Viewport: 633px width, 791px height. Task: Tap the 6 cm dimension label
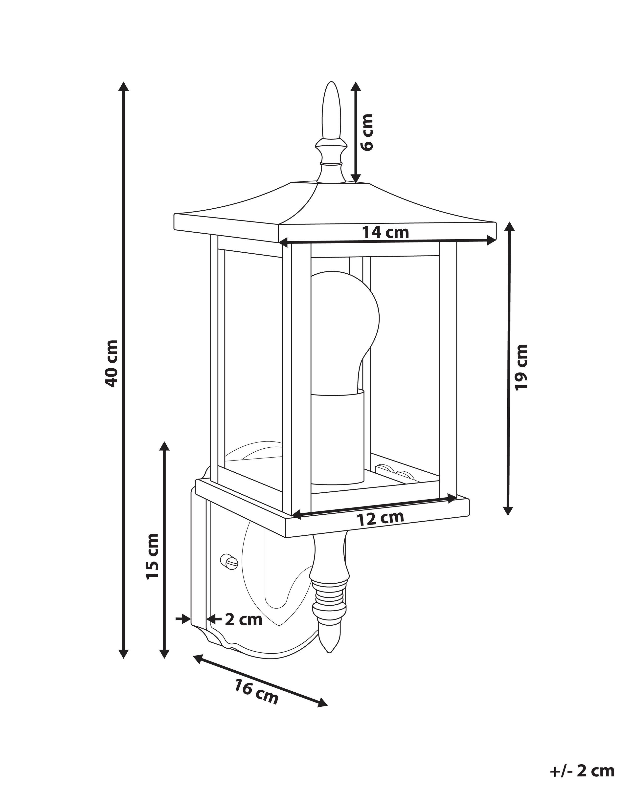367,132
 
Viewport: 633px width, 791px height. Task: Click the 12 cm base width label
380,518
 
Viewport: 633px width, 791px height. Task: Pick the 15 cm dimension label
152,557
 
